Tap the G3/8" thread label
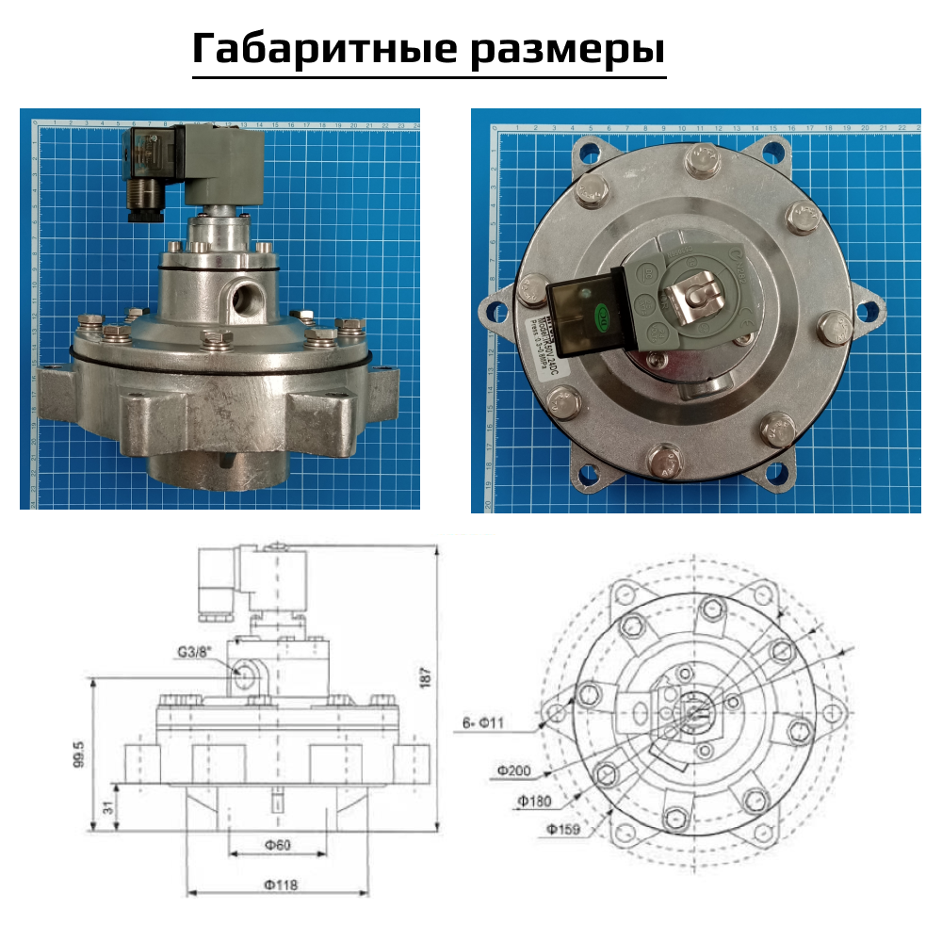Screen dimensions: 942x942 pyautogui.click(x=195, y=652)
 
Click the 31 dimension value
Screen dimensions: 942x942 pyautogui.click(x=106, y=807)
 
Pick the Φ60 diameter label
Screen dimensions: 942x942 pyautogui.click(x=276, y=845)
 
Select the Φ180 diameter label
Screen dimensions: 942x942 pyautogui.click(x=534, y=801)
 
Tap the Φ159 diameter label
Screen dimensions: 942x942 pyautogui.click(x=562, y=830)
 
